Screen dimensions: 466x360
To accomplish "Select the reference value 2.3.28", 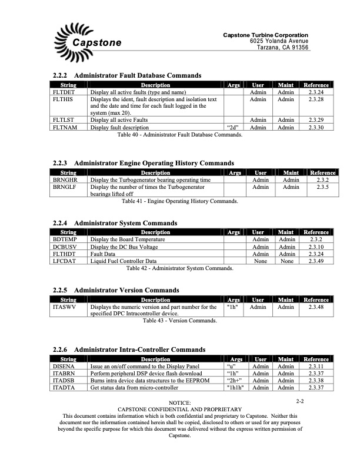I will pyautogui.click(x=316, y=99).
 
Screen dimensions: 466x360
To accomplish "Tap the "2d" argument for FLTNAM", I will pyautogui.click(x=232, y=127).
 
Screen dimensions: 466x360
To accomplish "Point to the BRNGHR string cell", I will pyautogui.click(x=64, y=179).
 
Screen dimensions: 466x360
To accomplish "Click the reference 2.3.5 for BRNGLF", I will pyautogui.click(x=322, y=187).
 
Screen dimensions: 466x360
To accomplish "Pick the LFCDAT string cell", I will pyautogui.click(x=64, y=261).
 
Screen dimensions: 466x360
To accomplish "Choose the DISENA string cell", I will pyautogui.click(x=63, y=366).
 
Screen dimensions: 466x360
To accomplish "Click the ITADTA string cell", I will pyautogui.click(x=63, y=387).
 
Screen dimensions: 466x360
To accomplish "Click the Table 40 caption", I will pyautogui.click(x=179, y=135).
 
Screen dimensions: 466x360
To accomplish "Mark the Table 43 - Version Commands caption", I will pyautogui.click(x=179, y=321).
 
